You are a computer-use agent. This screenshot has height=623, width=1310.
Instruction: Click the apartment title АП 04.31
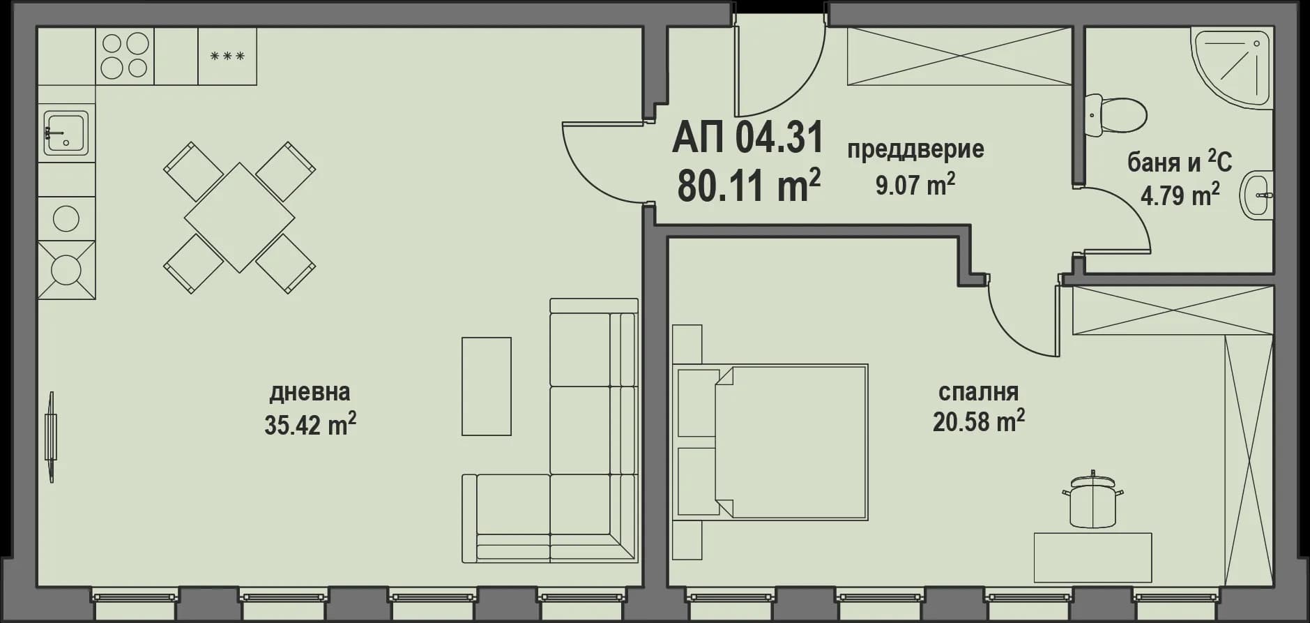[x=747, y=137]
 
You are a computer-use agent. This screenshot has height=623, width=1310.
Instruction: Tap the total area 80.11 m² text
[x=748, y=185]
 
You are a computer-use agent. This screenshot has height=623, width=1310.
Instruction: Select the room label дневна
[x=310, y=392]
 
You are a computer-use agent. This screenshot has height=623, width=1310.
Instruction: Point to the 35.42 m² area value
[x=310, y=423]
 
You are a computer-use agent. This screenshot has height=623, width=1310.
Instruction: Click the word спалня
[x=978, y=391]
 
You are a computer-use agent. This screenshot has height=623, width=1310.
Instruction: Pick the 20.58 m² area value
[x=978, y=421]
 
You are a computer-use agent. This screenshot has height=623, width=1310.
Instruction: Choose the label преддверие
[x=915, y=149]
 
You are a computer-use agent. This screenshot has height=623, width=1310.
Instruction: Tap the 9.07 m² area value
[x=915, y=184]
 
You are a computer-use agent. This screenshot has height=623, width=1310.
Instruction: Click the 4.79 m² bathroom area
[x=1180, y=195]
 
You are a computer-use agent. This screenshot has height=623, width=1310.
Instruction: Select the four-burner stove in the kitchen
[x=125, y=56]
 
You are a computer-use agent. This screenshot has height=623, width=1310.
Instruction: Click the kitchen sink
[x=66, y=133]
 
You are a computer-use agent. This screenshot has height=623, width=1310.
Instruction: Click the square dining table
[x=239, y=217]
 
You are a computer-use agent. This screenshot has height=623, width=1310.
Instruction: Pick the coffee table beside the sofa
[x=486, y=386]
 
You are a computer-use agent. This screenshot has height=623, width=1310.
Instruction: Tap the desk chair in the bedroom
[x=1092, y=502]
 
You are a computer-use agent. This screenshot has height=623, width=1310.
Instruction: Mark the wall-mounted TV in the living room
[x=51, y=437]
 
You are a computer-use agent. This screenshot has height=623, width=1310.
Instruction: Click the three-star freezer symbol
[x=227, y=56]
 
